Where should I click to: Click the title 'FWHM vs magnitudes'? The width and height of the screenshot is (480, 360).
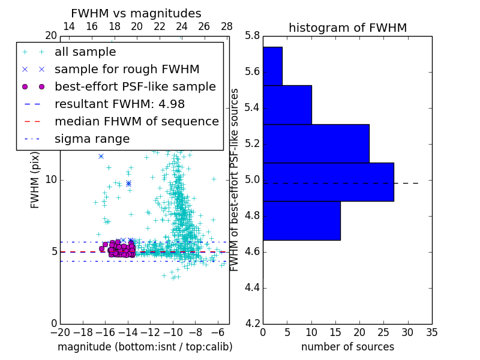[136, 13]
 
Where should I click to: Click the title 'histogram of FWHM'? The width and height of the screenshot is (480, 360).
[347, 28]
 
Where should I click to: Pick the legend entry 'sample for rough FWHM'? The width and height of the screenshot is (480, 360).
[127, 70]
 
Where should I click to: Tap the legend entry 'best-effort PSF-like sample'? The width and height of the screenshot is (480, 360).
[135, 87]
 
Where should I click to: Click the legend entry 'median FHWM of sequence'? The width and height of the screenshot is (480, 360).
[136, 122]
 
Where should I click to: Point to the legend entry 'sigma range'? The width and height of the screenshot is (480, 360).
[92, 139]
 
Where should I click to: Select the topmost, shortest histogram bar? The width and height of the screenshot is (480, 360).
[272, 66]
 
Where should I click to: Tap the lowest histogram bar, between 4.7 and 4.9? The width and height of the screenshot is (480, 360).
[301, 220]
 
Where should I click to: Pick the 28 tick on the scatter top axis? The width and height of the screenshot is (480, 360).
[227, 26]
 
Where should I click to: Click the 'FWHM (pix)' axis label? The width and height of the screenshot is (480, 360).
[35, 179]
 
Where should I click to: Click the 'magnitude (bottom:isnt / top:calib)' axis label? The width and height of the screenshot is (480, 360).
[145, 347]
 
